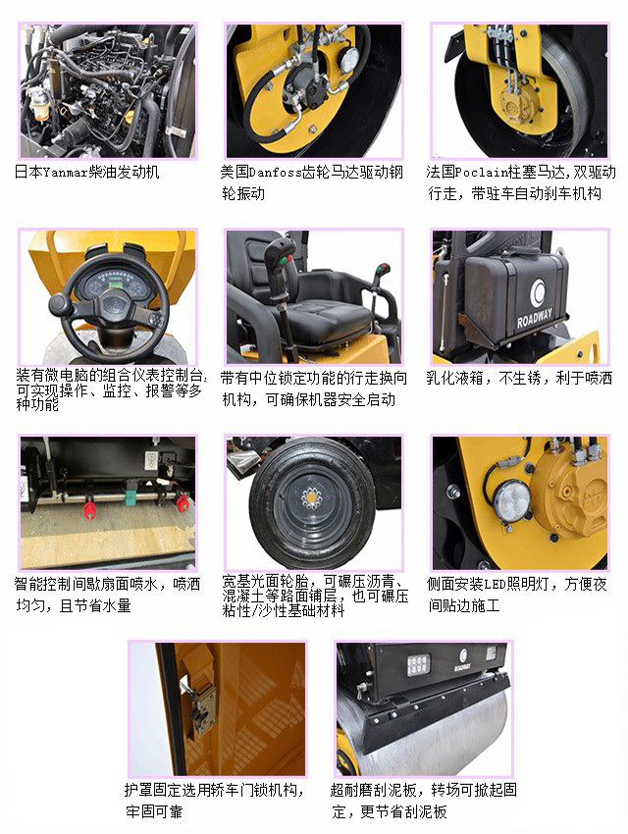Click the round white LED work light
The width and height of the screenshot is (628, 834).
point(510,501)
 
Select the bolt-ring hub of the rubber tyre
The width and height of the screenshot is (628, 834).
point(313,501)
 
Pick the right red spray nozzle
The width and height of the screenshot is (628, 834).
point(182,504)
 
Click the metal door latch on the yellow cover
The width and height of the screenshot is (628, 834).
point(202,704)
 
